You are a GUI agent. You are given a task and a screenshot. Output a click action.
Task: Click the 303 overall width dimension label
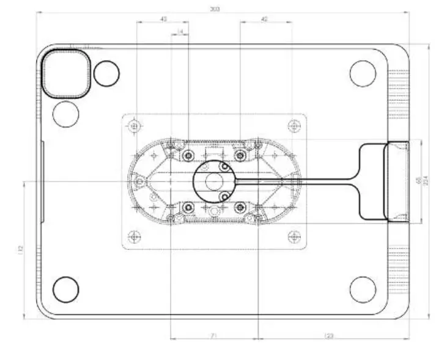[x=215, y=9]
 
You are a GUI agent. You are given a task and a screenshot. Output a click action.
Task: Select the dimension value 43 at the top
[x=163, y=20]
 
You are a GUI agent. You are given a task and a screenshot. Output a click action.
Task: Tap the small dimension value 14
[x=180, y=31]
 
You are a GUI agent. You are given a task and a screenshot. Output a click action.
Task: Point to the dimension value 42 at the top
[x=264, y=20]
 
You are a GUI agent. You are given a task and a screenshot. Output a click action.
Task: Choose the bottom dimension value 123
[x=329, y=336]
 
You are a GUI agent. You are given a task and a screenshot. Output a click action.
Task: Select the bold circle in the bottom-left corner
[x=66, y=289]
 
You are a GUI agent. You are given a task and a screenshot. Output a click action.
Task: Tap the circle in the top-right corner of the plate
[x=363, y=73]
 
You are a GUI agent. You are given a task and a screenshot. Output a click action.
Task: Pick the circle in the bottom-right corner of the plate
[x=363, y=289]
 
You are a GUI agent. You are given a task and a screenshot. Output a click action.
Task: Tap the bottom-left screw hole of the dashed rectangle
[x=135, y=235]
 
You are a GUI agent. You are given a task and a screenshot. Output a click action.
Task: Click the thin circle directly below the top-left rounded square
[x=66, y=113]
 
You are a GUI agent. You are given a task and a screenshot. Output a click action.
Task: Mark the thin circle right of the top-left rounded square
[x=107, y=73]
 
